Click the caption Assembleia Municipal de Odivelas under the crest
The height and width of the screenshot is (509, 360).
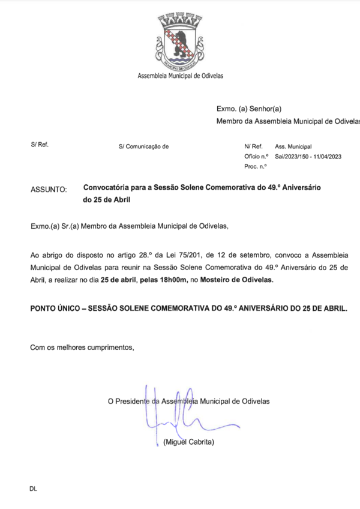pos(181,76)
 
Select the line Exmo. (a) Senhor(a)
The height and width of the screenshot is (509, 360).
pos(248,109)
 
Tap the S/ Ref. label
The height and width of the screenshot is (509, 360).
pos(40,145)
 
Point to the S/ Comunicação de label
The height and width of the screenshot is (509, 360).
pos(144,146)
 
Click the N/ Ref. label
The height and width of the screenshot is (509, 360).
pos(253,146)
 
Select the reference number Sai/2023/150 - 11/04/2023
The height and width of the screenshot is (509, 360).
pos(308,156)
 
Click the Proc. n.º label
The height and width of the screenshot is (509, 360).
pos(255,166)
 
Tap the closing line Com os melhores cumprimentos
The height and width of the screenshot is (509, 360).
pos(82,347)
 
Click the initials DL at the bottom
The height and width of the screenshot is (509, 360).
pos(33,489)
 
